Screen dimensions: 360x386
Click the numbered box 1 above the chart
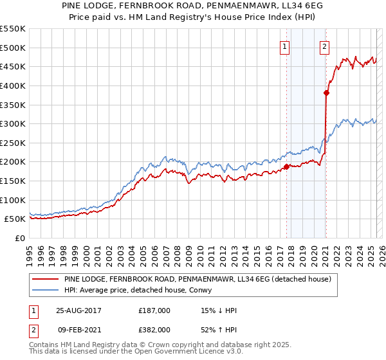[284, 46]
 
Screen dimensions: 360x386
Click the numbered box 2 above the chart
[325, 46]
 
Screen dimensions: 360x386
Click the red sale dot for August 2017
[286, 166]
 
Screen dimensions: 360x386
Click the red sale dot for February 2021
[326, 93]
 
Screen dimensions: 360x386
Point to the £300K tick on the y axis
[13, 123]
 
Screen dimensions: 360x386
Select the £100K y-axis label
[13, 200]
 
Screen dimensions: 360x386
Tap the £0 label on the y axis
[19, 238]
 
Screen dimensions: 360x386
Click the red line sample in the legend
[45, 280]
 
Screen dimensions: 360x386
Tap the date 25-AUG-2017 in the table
[78, 310]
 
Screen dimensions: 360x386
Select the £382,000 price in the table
[154, 329]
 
